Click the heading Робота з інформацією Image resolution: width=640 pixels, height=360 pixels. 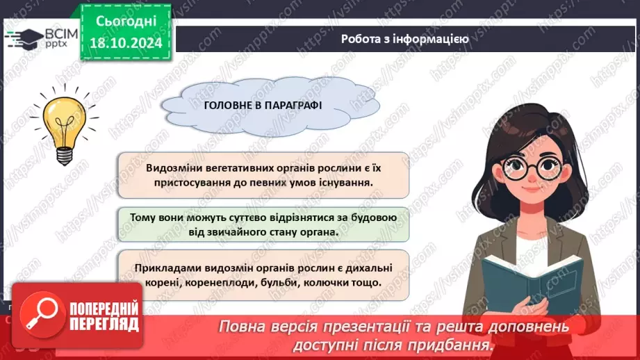click(x=405, y=39)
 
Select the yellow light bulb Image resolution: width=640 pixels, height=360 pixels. click(x=60, y=122)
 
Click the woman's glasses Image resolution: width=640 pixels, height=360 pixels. click(x=532, y=168)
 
